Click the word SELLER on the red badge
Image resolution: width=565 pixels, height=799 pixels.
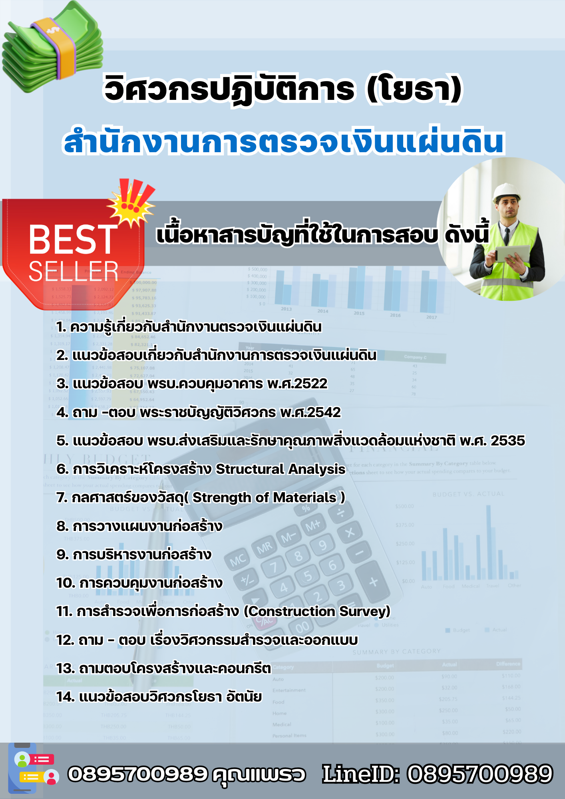click(74, 272)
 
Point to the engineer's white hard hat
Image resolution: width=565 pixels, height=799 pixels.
click(507, 192)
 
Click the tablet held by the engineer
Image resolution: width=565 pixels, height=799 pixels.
click(512, 253)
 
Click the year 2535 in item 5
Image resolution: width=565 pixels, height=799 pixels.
click(507, 441)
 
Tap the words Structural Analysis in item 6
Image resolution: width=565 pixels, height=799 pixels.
click(280, 469)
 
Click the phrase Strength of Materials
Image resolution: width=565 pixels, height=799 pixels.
click(264, 498)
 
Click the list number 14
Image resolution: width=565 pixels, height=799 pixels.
click(65, 697)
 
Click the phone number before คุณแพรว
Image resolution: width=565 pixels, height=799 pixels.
click(138, 774)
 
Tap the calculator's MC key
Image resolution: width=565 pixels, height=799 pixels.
click(237, 560)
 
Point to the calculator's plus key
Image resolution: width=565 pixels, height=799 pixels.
click(373, 582)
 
